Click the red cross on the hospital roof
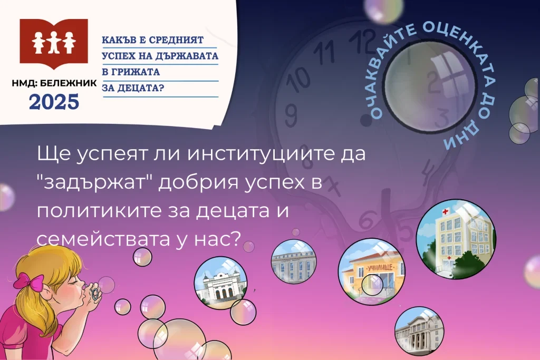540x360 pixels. pyautogui.click(x=445, y=211)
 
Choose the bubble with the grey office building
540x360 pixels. pyautogui.click(x=293, y=262)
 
